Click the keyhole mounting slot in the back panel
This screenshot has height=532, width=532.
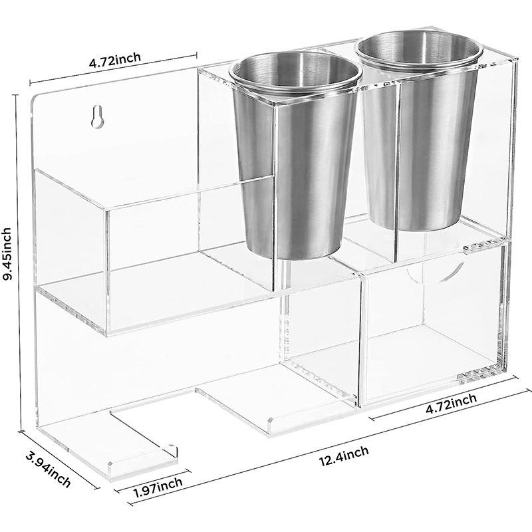pos(97,117)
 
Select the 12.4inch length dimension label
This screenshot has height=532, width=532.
pos(344,456)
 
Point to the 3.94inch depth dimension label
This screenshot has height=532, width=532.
pos(48,470)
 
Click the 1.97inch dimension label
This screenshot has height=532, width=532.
pos(158,487)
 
